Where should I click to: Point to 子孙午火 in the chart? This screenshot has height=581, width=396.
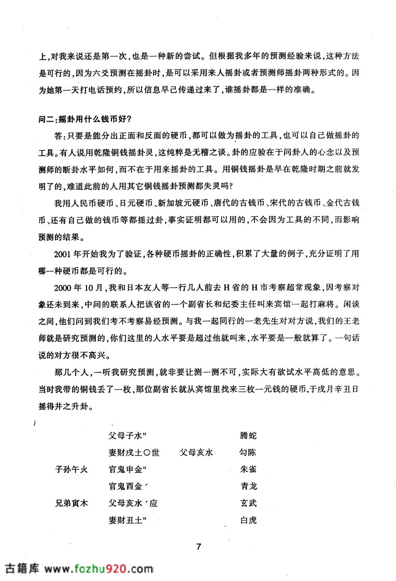point(73,470)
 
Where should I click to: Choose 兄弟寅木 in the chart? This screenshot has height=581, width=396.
point(73,503)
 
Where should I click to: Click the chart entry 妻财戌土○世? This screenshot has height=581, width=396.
point(134,453)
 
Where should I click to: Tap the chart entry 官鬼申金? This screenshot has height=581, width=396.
point(126,470)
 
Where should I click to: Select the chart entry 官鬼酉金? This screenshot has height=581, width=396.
point(126,486)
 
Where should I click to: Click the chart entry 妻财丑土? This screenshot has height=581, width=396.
point(126,520)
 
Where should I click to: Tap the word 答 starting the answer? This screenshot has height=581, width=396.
point(58,135)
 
